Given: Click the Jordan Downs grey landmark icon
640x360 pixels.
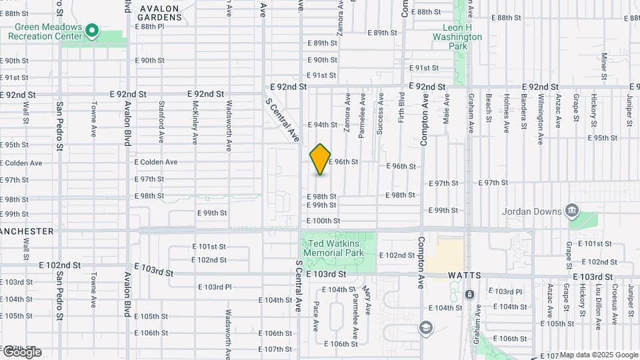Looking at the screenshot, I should click(x=571, y=211).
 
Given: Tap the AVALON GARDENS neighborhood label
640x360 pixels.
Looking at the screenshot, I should click(x=160, y=13).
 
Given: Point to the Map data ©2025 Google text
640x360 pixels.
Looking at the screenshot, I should click(x=598, y=355).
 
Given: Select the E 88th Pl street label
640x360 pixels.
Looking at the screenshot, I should click(x=149, y=27).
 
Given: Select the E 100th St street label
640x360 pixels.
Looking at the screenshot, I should click(x=323, y=221).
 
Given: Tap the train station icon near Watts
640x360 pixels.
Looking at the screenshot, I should click(x=469, y=294).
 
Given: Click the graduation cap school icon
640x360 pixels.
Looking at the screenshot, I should click(x=426, y=327).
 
